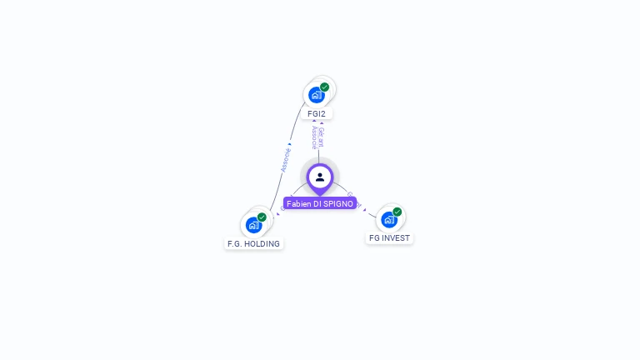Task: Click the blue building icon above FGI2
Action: (316, 95)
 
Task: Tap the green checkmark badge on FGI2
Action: (324, 87)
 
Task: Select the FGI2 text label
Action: (317, 113)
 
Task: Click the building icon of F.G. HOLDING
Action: (253, 225)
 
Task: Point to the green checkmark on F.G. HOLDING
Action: (262, 217)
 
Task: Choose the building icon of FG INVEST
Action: (388, 220)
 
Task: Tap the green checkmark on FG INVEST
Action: (397, 212)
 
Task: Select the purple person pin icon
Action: (320, 177)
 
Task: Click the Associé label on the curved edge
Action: (285, 160)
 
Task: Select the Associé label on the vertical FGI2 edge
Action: (314, 137)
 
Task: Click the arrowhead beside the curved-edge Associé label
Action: (289, 143)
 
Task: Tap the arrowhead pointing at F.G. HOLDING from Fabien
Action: (278, 214)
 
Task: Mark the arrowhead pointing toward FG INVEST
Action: (364, 209)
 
